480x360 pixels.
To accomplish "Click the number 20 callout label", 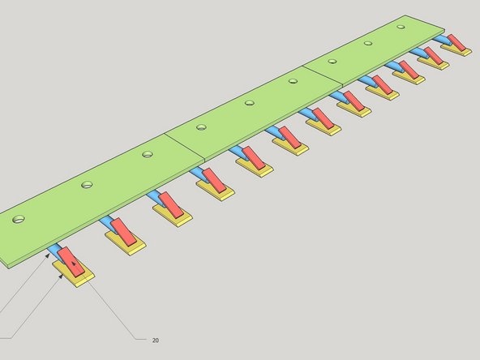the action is (x=155, y=341).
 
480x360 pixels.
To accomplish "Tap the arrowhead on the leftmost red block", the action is (x=74, y=264).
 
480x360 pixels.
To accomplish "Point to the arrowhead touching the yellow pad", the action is (x=61, y=276).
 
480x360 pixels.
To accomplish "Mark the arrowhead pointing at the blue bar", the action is (x=48, y=255).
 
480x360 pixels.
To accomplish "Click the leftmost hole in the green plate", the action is (x=19, y=219).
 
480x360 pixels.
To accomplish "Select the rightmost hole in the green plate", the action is (x=401, y=27).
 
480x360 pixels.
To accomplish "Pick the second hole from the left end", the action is (x=88, y=185).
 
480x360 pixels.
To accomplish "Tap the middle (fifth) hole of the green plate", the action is (x=250, y=102).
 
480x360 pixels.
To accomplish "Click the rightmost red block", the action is (x=456, y=42).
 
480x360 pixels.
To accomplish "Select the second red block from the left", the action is (x=123, y=232).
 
